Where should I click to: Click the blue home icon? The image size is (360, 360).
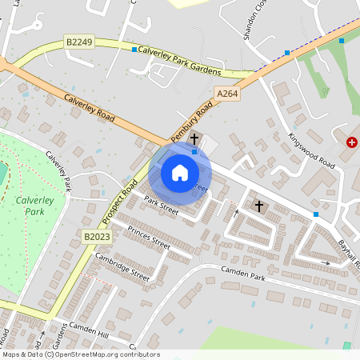(180, 173)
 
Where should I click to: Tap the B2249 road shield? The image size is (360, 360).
(79, 40)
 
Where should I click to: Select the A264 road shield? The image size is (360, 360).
(228, 94)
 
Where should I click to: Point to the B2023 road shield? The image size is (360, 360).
(95, 236)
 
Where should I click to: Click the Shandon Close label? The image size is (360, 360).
(254, 24)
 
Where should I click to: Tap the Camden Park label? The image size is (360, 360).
(245, 276)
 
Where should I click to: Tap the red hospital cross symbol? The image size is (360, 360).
(352, 142)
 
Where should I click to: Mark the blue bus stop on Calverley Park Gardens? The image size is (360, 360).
(134, 50)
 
